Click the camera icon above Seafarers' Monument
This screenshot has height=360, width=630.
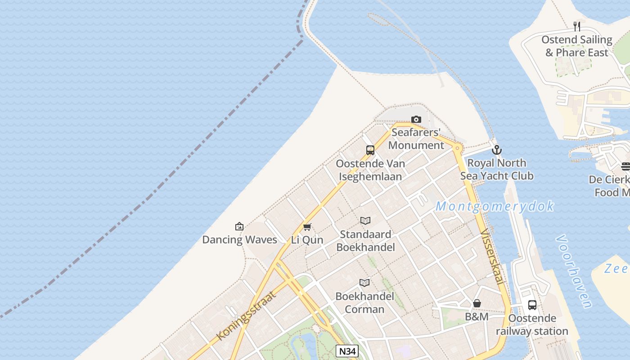[416, 119]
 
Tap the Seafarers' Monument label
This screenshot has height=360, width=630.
[416, 139]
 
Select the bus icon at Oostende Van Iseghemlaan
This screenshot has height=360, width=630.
[370, 150]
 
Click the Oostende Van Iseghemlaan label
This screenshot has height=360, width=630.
[370, 170]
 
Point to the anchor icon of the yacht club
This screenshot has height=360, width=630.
[497, 150]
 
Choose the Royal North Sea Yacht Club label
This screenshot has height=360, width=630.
[497, 169]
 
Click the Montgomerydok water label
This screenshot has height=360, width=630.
[495, 207]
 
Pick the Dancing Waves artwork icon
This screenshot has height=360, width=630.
[239, 226]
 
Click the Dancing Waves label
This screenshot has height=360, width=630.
[239, 239]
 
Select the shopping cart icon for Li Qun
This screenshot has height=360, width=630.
[307, 227]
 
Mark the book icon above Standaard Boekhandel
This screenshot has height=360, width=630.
[365, 221]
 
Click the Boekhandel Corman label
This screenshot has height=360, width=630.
[364, 302]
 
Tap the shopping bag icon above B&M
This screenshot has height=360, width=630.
[477, 304]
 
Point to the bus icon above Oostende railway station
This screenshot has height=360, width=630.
[532, 305]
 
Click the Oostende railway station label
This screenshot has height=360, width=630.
[532, 325]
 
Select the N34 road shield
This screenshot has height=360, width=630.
[347, 351]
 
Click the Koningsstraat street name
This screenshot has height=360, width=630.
[246, 315]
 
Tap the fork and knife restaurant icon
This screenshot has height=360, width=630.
[577, 27]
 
